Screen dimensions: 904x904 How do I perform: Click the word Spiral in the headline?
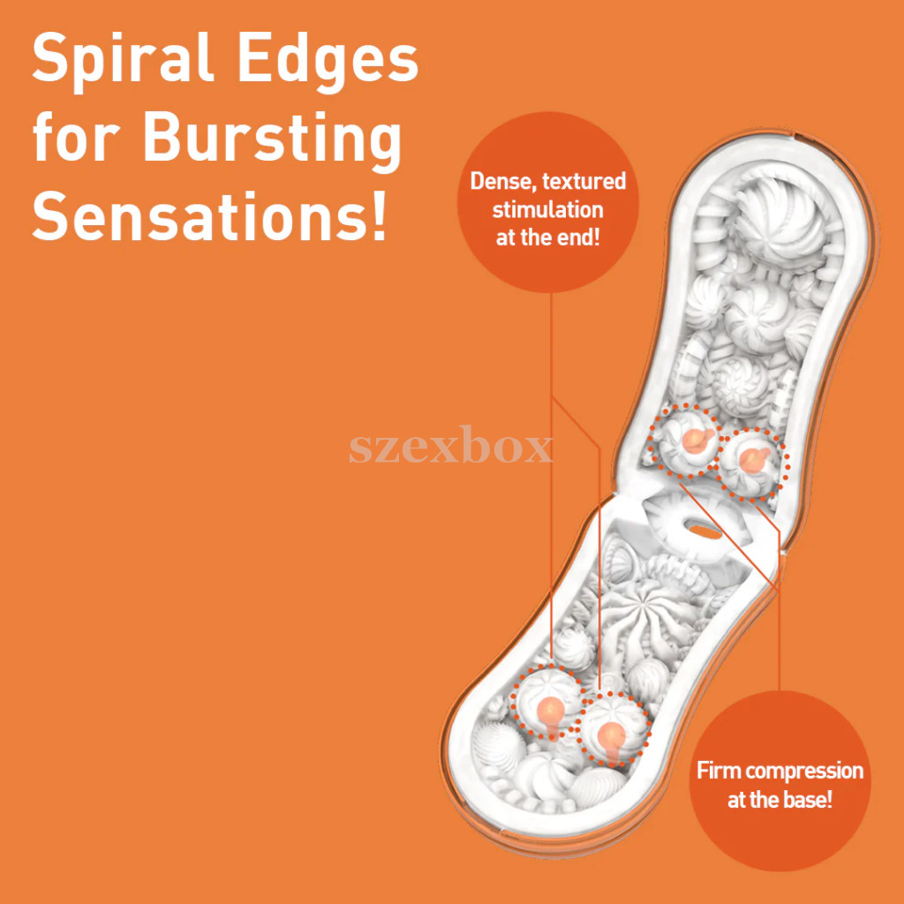pos(123,59)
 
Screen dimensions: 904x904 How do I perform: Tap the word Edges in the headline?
pos(328,59)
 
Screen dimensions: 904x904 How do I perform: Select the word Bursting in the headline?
pos(272,139)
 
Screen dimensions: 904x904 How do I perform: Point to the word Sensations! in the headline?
pos(209,213)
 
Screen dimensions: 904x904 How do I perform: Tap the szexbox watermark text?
pos(450,446)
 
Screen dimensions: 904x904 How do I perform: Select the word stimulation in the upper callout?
pos(547,209)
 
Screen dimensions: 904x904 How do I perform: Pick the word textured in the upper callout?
pos(585,181)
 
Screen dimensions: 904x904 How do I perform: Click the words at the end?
pos(547,237)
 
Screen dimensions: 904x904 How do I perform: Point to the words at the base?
pos(780,800)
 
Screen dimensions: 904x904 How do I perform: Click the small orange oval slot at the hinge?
pos(705,531)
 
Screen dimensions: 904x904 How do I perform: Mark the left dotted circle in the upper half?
pos(684,441)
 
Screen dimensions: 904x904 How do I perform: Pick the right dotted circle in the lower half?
pos(613,729)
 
